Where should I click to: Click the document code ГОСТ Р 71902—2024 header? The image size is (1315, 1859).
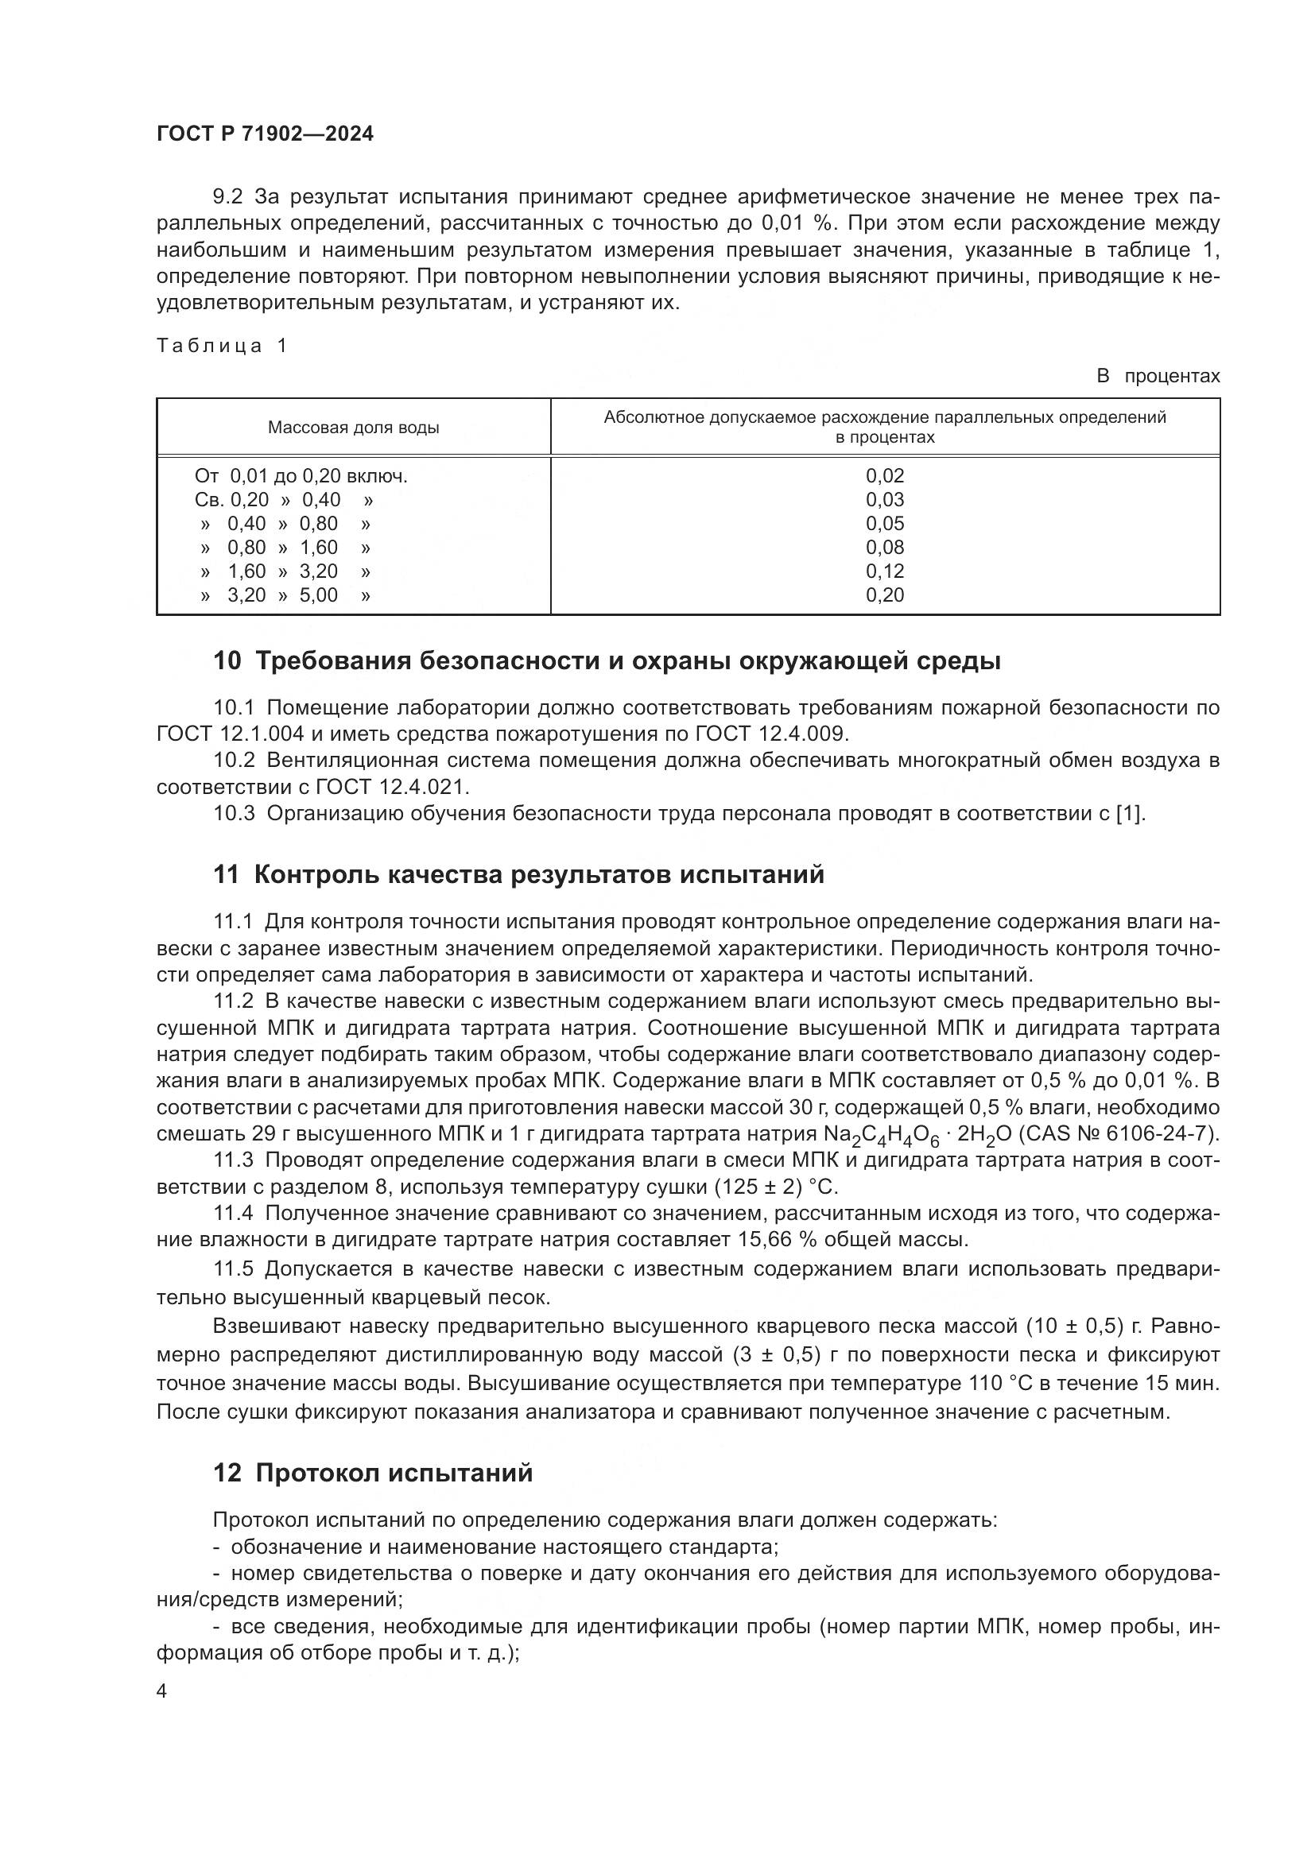coord(265,134)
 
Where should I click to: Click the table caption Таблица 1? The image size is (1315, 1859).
coord(222,347)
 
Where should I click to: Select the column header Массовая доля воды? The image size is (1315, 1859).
coord(353,428)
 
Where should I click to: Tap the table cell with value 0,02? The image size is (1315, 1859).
coord(884,476)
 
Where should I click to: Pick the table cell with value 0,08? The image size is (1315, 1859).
coord(884,548)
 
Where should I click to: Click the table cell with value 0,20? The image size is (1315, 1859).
coord(884,595)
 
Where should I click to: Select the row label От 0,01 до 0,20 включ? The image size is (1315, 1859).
coord(301,476)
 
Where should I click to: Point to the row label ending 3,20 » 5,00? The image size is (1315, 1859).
coord(285,595)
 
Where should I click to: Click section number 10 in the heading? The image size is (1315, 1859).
coord(227,661)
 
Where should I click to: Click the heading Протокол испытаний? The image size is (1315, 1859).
coord(394,1473)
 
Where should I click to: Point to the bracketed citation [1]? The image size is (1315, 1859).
coord(1129,813)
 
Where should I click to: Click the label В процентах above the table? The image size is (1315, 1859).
coord(1157,377)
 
